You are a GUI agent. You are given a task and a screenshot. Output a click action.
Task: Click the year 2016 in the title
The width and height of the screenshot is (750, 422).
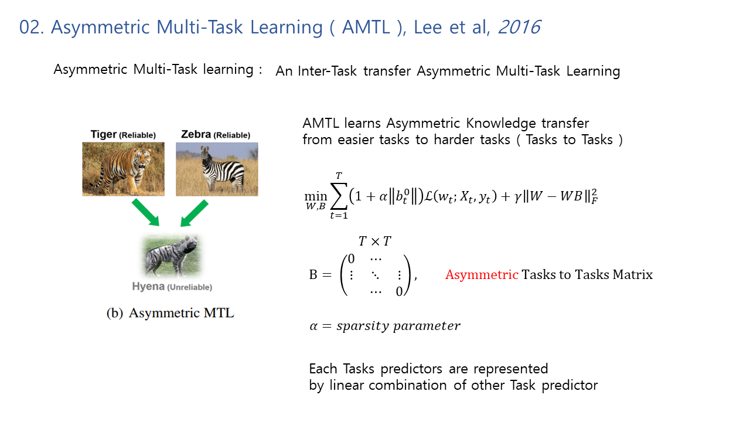coord(519,27)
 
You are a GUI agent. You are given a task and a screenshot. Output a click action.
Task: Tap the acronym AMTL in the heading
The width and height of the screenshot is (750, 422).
coord(366,27)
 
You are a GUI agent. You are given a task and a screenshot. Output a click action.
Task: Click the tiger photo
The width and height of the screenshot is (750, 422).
coord(123,169)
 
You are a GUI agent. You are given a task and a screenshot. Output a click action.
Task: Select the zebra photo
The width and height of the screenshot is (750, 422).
coord(217,169)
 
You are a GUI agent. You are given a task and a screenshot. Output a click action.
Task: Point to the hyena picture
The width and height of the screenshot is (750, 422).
coord(172,255)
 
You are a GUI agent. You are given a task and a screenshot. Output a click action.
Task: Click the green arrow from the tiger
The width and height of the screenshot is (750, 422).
coord(145,212)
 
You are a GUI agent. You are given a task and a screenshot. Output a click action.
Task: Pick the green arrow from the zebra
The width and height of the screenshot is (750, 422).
coord(194,213)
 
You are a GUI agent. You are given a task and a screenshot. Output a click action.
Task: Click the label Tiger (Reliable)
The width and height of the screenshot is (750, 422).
coord(123,135)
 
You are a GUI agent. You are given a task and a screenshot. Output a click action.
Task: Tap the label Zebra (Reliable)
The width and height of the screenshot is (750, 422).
coord(216,135)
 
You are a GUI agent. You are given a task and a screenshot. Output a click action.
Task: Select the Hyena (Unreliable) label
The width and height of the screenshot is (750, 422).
coord(172,287)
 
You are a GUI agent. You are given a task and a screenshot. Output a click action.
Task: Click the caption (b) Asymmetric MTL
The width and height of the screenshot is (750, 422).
coord(170,313)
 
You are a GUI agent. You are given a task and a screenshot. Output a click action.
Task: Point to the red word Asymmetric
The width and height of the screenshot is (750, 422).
coord(482,275)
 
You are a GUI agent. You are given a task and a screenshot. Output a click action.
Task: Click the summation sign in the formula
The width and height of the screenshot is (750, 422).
coord(339,196)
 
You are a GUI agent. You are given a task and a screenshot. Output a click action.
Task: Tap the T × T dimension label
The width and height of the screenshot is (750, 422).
coord(374,241)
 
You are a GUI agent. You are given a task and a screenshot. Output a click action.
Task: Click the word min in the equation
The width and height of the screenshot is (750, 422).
coord(315,196)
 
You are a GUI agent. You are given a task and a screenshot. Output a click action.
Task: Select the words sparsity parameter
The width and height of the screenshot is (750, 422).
coord(398,326)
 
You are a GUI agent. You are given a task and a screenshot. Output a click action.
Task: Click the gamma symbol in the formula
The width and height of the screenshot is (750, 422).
coord(517,198)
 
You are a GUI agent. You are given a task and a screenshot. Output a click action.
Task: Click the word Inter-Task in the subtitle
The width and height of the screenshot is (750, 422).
coord(327,71)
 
